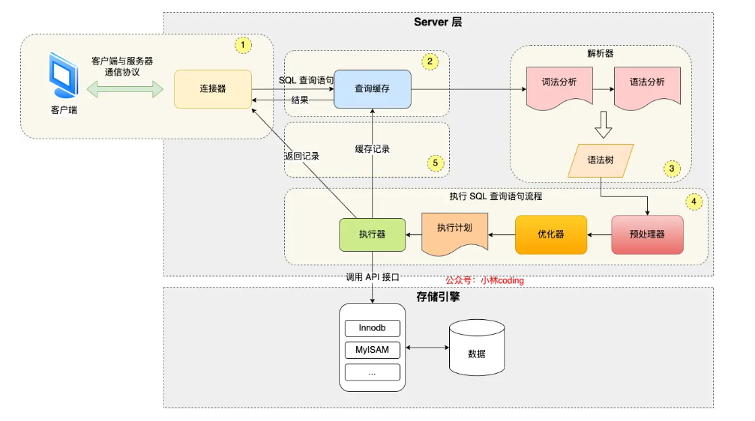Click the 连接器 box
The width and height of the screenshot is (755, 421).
[x=213, y=89]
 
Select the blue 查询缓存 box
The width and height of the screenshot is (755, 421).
[x=372, y=89]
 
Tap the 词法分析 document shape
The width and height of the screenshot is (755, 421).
[x=559, y=88]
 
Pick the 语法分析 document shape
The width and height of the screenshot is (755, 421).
[x=647, y=88]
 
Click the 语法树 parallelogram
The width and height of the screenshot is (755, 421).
[x=601, y=161]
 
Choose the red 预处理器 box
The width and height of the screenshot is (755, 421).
[x=647, y=234]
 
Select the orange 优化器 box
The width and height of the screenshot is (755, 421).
[x=551, y=234]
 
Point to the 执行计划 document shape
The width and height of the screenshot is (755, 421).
[x=454, y=234]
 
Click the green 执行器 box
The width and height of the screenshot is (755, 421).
[x=372, y=234]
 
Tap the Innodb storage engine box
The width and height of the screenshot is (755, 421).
[x=372, y=328]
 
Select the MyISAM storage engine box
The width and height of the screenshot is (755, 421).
[x=372, y=350]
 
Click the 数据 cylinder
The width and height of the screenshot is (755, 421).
[x=477, y=348]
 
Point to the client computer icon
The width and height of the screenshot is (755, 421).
[x=64, y=75]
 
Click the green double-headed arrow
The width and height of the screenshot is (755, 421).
[x=125, y=89]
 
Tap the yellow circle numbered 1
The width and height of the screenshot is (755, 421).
[x=243, y=45]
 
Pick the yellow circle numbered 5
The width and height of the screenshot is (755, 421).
[x=436, y=163]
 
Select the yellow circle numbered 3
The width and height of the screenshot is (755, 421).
[x=672, y=169]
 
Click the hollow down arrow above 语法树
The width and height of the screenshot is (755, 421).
[x=603, y=125]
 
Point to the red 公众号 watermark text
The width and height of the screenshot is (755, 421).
[x=484, y=280]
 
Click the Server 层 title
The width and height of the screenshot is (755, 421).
[x=438, y=22]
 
